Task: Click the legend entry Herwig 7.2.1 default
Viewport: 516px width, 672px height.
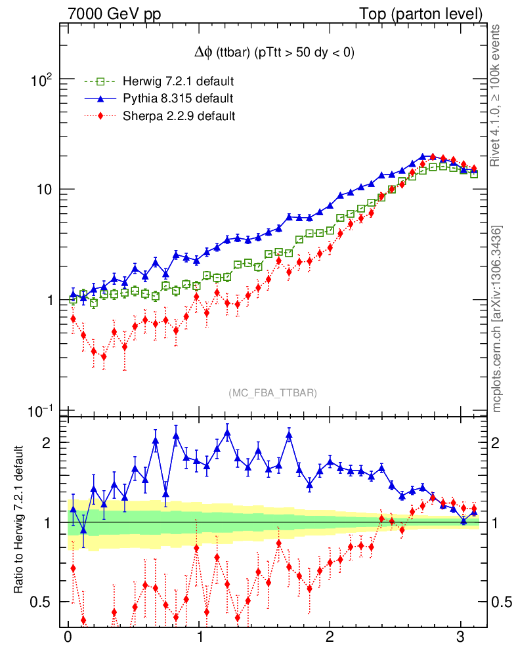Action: coord(178,81)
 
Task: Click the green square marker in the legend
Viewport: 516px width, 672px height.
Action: coord(100,81)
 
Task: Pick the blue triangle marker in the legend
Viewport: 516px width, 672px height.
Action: coord(100,98)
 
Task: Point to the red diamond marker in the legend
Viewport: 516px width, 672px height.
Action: coord(100,116)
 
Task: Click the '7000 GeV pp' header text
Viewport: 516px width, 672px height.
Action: coord(114,14)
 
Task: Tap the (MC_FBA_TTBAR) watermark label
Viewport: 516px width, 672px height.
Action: coord(272,392)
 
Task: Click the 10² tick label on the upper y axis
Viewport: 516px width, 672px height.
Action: coord(41,80)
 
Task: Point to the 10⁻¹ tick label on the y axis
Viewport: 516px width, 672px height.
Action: coord(41,411)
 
